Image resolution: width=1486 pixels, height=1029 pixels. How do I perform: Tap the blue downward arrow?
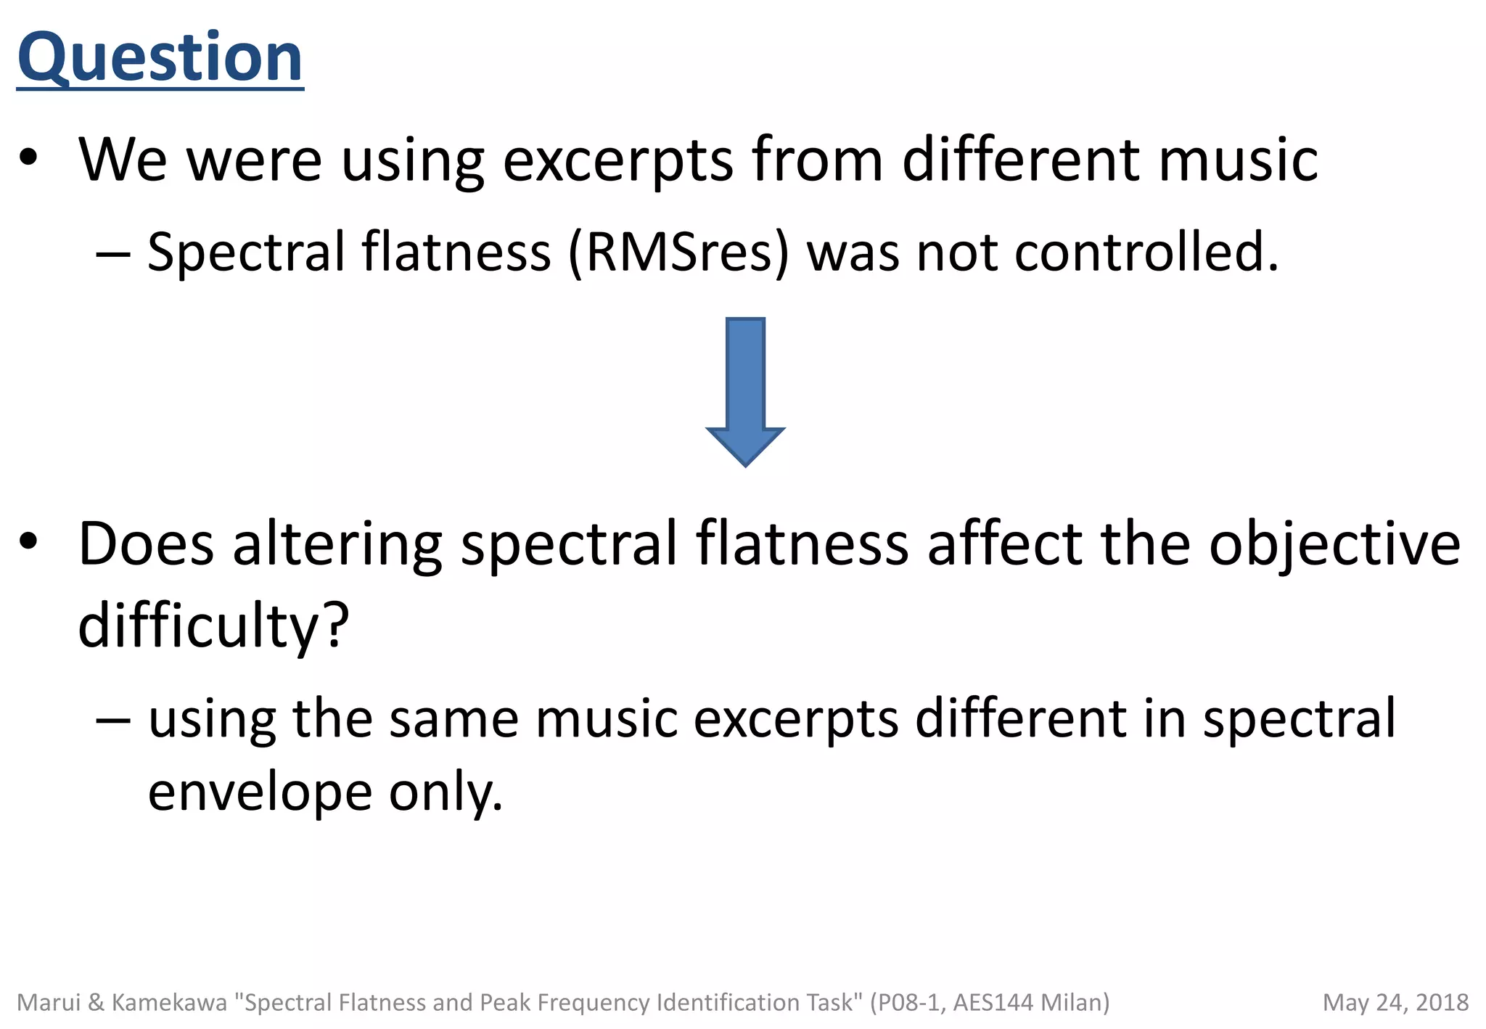click(x=745, y=392)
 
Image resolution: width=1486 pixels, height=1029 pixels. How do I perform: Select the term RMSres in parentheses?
click(x=678, y=253)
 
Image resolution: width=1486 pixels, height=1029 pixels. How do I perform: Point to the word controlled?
click(x=1146, y=253)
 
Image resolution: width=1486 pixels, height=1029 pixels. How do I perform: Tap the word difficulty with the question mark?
click(x=213, y=626)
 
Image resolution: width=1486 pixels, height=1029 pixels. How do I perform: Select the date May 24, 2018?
click(x=1395, y=1002)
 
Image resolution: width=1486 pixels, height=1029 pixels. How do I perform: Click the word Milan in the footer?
click(x=1075, y=1002)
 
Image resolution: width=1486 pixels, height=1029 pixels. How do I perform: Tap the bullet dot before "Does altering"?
click(x=28, y=542)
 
